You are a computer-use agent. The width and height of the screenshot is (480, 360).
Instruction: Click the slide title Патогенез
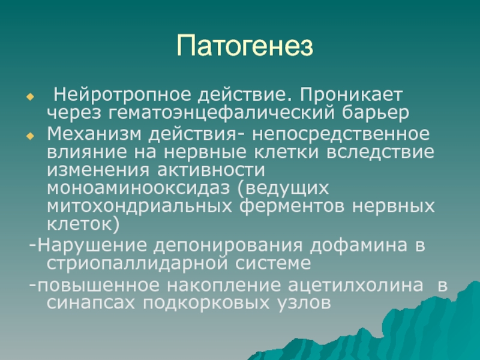pos(245,46)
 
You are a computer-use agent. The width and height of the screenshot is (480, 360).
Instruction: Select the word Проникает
pos(350,95)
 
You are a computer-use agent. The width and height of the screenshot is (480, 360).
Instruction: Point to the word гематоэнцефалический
pos(221,113)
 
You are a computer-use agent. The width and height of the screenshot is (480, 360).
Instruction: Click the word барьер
pos(376,113)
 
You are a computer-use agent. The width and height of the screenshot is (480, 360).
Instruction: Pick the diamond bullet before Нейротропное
pos(31,97)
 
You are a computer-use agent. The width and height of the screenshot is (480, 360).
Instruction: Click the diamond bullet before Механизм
pos(31,136)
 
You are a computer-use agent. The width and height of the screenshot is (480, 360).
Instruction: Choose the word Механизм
pos(94,134)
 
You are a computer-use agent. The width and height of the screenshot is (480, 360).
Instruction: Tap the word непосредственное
pos(341,134)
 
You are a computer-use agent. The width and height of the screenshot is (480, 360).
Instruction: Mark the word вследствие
pos(380,152)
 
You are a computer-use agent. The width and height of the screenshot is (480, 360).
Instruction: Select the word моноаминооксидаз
pos(139,188)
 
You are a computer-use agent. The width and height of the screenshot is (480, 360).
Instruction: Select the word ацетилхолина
pos(356,286)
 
